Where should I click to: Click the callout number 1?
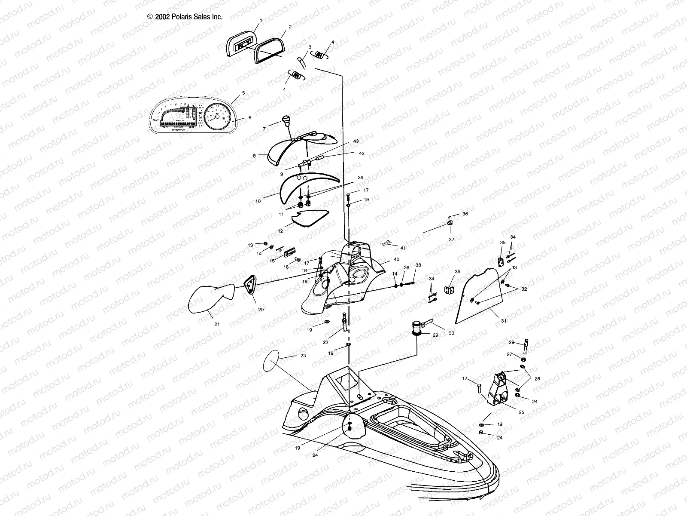pos(260,21)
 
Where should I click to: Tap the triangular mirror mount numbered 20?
pos(250,286)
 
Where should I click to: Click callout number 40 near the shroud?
pos(395,259)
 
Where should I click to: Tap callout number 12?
pos(280,231)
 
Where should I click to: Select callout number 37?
pos(452,239)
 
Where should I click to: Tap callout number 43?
pos(356,141)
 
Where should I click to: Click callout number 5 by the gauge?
pos(243,92)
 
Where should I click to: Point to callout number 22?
pos(325,342)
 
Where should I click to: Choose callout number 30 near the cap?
pos(451,333)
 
